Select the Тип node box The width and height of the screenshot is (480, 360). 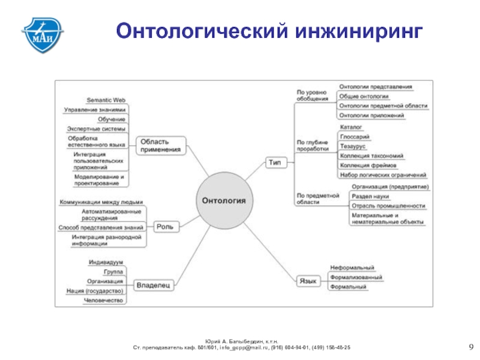[x=276, y=161]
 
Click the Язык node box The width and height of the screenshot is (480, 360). [x=307, y=280]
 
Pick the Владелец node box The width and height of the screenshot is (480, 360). [x=153, y=284]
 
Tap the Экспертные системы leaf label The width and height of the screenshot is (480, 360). [x=97, y=129]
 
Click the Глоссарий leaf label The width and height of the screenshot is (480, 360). [x=354, y=137]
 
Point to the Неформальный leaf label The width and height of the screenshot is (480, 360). [x=353, y=268]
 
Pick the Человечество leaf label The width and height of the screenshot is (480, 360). [x=103, y=300]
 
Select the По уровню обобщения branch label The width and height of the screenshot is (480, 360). [x=312, y=95]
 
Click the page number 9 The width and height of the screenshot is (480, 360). [x=470, y=348]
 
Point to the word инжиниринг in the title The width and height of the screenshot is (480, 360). [x=358, y=30]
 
